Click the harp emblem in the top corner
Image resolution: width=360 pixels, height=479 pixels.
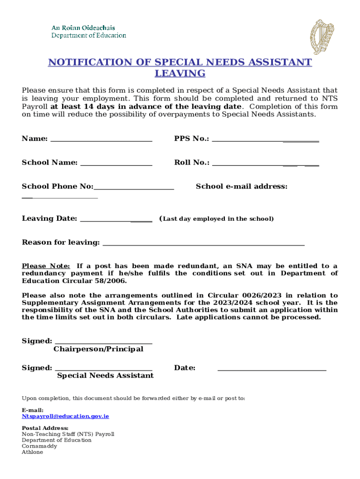(x=323, y=37)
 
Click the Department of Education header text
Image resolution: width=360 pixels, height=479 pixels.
(x=88, y=35)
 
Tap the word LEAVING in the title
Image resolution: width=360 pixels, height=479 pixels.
(x=180, y=73)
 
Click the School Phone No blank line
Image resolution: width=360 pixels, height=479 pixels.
(x=134, y=187)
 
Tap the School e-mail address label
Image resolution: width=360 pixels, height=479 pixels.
(x=241, y=186)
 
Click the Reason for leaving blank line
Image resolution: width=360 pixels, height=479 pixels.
(x=203, y=243)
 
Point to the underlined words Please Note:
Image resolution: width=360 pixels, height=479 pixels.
(x=46, y=266)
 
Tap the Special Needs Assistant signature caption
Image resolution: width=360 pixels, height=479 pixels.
(x=105, y=376)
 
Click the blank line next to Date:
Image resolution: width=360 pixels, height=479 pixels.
(x=272, y=369)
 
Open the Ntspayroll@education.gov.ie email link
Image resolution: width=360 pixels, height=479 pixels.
(x=65, y=416)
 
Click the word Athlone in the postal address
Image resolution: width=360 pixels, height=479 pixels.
(x=32, y=452)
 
